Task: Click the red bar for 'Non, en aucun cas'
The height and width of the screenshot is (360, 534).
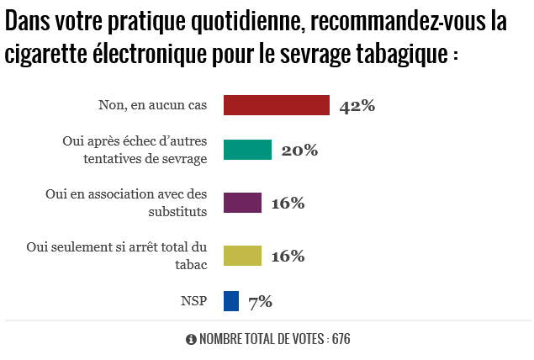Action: tap(276, 104)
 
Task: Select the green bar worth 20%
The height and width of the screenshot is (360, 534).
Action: tap(247, 150)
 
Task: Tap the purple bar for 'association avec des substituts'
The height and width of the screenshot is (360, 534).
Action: tap(242, 203)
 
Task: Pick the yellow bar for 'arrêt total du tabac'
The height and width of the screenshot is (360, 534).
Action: tap(242, 255)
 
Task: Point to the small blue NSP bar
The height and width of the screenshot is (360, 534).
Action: tap(231, 300)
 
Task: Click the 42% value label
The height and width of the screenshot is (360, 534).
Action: tap(357, 106)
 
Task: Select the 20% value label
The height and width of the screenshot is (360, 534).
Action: tap(299, 151)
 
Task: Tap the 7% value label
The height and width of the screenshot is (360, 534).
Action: tap(260, 301)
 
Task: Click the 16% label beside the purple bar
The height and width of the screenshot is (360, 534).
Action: tap(287, 204)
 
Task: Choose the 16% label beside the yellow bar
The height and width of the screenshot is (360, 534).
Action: tap(287, 256)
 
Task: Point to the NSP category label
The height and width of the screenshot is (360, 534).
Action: tap(193, 300)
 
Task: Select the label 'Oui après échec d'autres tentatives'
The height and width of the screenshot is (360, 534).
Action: tap(135, 151)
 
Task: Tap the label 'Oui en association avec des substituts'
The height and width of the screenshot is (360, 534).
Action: tap(126, 203)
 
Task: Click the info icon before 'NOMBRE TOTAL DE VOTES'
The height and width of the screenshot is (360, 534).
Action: tap(191, 340)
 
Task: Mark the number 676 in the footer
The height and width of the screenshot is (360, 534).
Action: tap(341, 340)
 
